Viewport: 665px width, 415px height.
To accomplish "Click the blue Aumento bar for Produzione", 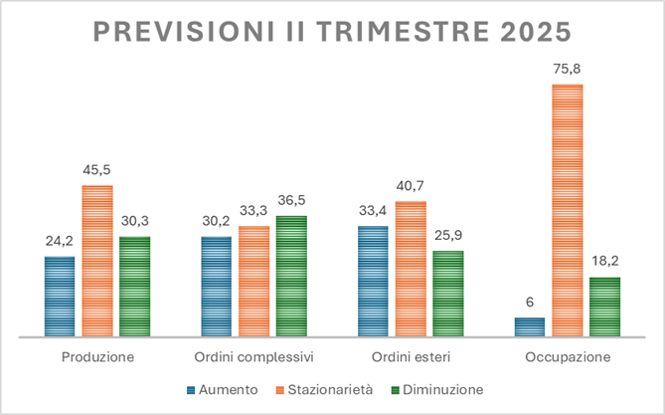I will pyautogui.click(x=60, y=297).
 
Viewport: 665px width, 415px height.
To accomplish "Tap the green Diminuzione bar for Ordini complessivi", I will pyautogui.click(x=291, y=277).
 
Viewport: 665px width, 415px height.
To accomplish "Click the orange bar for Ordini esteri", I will pyautogui.click(x=410, y=269).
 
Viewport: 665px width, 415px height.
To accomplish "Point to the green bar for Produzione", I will pyautogui.click(x=134, y=287).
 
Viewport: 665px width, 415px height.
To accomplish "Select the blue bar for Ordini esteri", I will pyautogui.click(x=372, y=282).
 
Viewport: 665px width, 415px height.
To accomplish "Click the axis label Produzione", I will pyautogui.click(x=97, y=356).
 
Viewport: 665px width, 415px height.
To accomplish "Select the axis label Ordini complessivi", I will pyautogui.click(x=253, y=356).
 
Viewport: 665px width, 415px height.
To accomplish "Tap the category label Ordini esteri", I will pyautogui.click(x=410, y=356).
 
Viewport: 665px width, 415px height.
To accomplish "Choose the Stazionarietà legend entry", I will pyautogui.click(x=330, y=389).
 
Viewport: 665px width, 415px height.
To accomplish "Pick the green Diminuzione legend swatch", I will pyautogui.click(x=393, y=389).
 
